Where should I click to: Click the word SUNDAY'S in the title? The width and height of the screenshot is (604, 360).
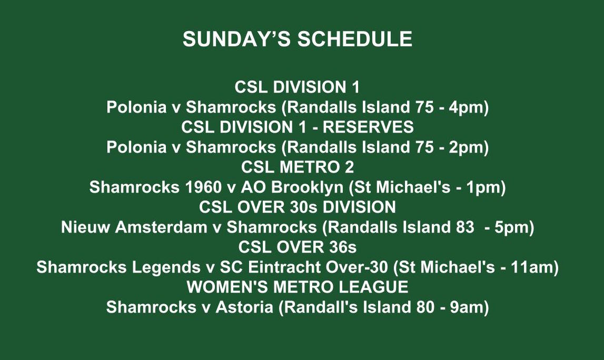[236, 39]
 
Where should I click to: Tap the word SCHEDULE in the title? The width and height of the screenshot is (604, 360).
[355, 39]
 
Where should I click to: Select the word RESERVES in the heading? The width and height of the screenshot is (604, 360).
[368, 127]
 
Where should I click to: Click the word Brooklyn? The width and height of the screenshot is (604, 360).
[307, 187]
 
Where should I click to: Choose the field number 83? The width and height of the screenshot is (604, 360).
[464, 227]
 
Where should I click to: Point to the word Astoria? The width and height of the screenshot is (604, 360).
[244, 307]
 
